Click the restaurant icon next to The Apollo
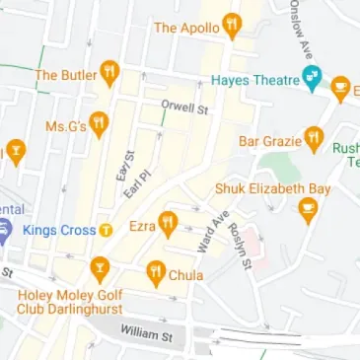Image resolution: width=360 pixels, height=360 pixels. click(232, 25)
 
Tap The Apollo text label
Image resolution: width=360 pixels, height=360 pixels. click(186, 27)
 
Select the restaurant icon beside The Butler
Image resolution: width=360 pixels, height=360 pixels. click(110, 73)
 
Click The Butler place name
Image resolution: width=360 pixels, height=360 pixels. click(65, 75)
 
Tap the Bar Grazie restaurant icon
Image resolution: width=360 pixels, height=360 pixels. click(314, 138)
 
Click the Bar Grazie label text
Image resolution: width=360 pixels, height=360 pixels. click(268, 142)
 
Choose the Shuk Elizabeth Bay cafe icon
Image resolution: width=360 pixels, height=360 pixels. click(309, 207)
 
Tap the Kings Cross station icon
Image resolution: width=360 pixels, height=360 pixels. click(106, 231)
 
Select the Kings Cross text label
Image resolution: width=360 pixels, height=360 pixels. click(57, 230)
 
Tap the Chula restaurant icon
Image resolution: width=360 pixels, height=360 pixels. click(155, 272)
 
